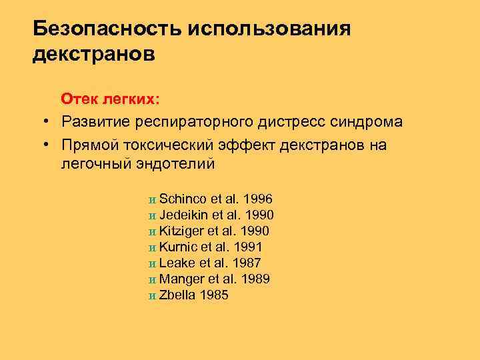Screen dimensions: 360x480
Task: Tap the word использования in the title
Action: (269, 29)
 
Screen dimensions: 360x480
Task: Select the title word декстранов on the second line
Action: (93, 54)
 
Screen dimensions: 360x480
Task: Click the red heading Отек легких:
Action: (111, 100)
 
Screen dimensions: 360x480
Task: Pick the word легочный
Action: (94, 163)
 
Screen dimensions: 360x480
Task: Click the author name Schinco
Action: (183, 199)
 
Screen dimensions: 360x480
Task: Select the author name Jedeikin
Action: (185, 215)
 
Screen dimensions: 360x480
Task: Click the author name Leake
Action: (176, 263)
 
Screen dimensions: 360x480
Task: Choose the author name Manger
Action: (181, 279)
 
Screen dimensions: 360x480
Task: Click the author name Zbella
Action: (177, 295)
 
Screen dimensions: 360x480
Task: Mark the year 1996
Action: (258, 199)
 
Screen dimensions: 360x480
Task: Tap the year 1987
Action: (245, 263)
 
